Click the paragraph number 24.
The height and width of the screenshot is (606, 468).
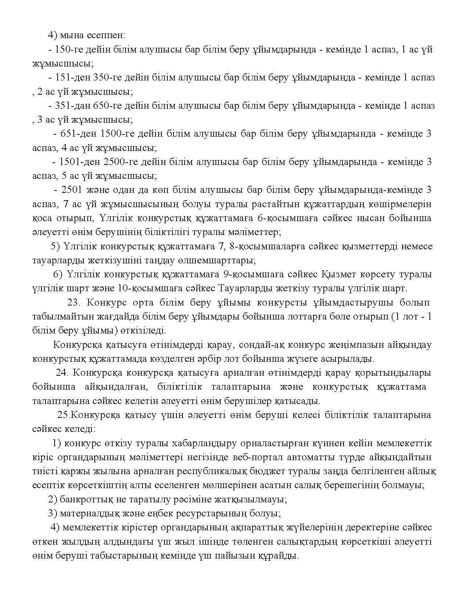point(62,373)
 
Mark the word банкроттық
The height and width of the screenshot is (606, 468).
point(83,499)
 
